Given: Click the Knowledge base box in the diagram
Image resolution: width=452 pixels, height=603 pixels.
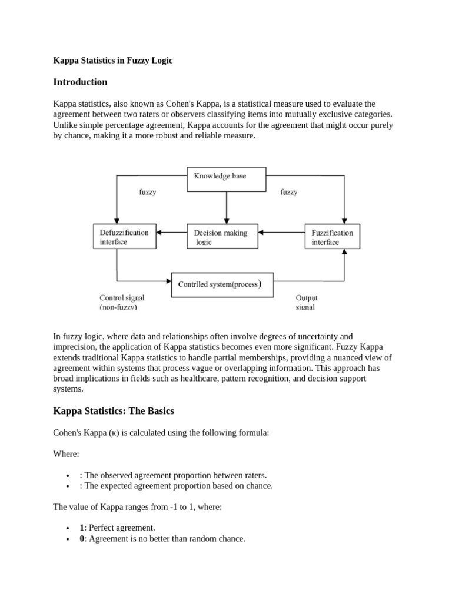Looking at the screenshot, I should [226, 179].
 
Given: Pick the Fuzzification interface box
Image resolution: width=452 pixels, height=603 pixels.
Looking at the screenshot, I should [332, 237].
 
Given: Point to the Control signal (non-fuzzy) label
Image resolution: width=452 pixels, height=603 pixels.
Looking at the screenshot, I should [122, 303].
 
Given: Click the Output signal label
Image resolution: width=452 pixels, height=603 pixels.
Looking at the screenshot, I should [306, 303].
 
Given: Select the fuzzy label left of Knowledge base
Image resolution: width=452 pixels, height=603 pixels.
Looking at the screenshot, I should [147, 192].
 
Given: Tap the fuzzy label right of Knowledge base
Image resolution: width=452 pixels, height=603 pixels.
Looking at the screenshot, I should [289, 192].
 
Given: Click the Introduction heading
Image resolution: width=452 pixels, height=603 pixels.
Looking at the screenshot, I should [81, 82].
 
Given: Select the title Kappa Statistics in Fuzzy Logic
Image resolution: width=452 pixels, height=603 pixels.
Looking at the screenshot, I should [113, 61].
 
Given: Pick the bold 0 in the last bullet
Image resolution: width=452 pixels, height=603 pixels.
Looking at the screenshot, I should [82, 538].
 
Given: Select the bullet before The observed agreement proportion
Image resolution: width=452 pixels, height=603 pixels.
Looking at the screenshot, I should [69, 476].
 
